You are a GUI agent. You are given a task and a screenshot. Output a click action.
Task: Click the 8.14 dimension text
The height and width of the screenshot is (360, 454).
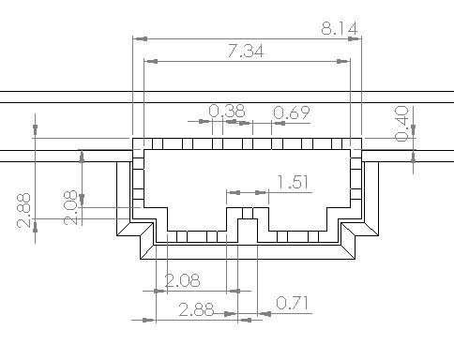(x=340, y=29)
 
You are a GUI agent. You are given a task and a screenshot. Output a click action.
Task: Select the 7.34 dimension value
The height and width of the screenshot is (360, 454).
(x=246, y=51)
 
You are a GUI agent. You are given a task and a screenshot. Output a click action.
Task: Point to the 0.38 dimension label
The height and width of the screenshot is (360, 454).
(x=227, y=111)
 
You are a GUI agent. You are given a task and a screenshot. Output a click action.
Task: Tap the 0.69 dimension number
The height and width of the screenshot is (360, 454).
(x=292, y=112)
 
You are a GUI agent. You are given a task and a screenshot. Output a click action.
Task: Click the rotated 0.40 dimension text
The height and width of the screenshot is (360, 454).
(x=401, y=124)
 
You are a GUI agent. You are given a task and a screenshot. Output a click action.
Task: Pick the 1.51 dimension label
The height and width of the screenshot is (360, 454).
(x=293, y=182)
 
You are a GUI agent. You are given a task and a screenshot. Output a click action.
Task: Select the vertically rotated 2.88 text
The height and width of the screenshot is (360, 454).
(x=23, y=211)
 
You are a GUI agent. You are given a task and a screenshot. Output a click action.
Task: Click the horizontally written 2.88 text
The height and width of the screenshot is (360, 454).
(x=197, y=310)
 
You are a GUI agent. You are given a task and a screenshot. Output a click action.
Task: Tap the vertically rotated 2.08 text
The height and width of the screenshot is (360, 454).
(x=70, y=207)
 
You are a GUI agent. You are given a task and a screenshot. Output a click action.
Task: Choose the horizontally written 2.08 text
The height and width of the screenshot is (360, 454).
(x=182, y=280)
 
